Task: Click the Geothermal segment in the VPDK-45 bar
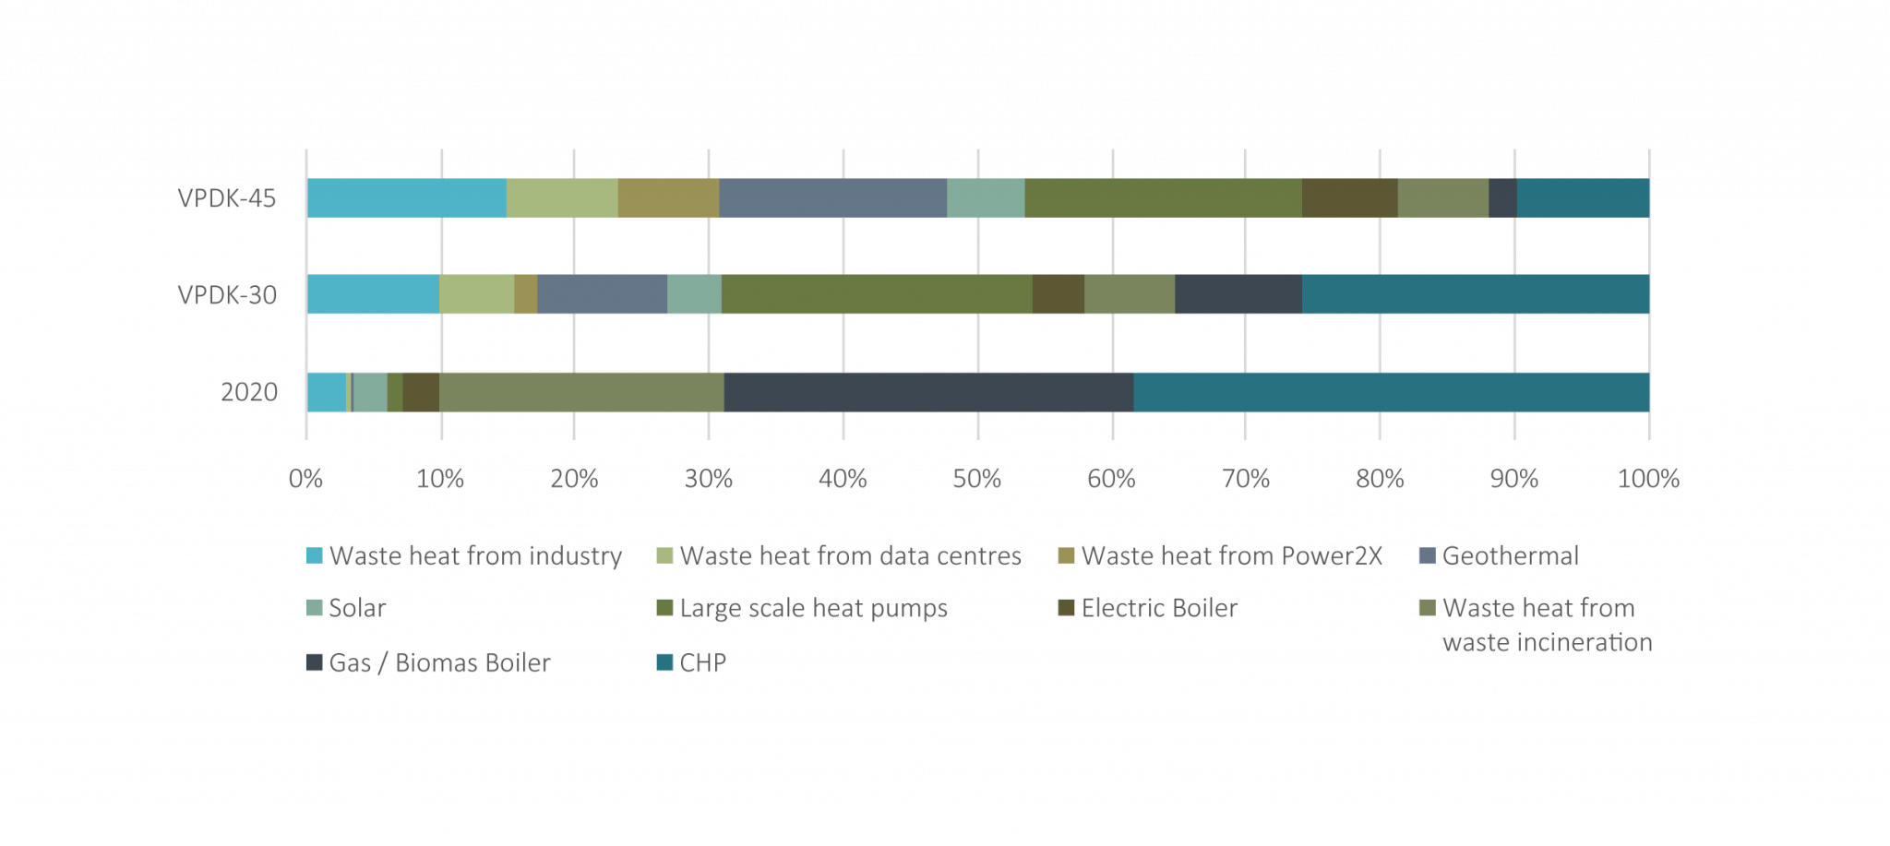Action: tap(832, 197)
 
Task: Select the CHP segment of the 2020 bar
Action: tap(1391, 391)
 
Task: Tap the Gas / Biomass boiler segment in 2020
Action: tap(928, 391)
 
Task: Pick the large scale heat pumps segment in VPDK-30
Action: tap(877, 294)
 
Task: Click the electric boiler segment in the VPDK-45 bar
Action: tap(1349, 197)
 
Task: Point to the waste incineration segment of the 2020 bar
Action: tap(581, 391)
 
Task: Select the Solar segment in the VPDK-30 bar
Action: tap(694, 294)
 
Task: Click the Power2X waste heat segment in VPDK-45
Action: tap(668, 197)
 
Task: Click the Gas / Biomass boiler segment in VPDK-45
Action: tap(1502, 197)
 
